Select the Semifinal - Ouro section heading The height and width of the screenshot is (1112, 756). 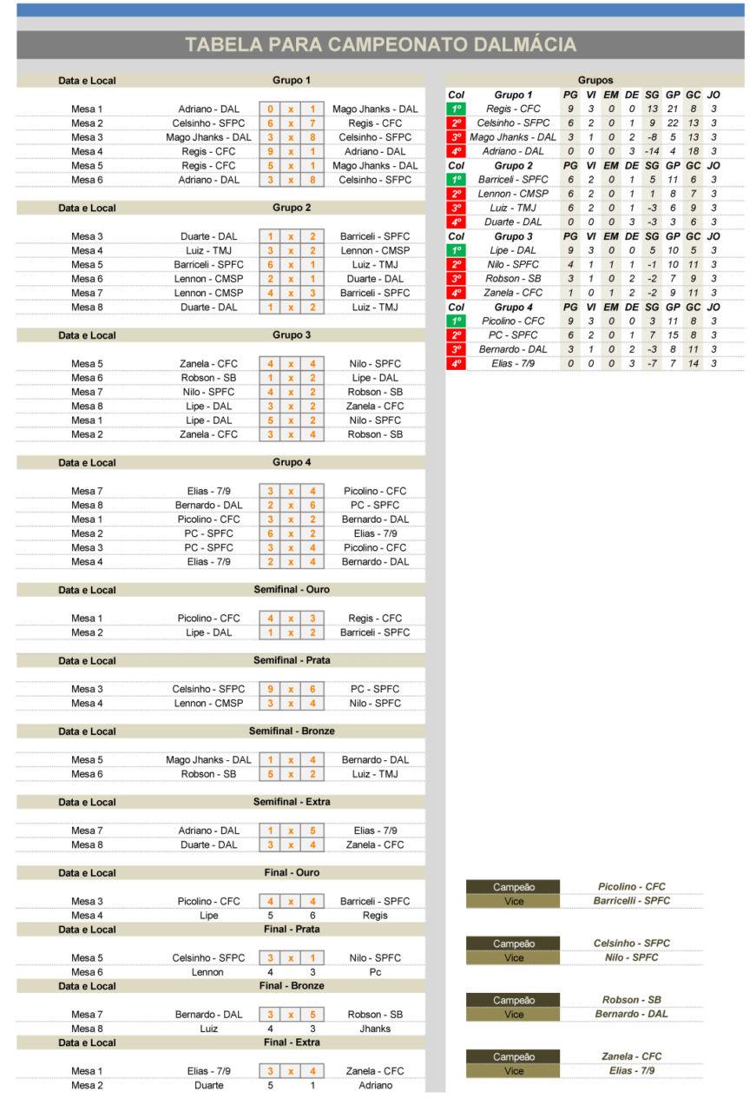point(292,590)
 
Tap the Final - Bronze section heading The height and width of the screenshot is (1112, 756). point(292,986)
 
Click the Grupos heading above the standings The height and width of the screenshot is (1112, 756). point(595,80)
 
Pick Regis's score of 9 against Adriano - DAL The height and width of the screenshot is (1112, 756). point(271,151)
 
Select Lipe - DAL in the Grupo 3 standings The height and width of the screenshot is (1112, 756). point(512,250)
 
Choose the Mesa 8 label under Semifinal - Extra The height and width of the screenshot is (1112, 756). point(87,844)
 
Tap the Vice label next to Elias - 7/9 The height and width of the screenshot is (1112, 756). point(514,1071)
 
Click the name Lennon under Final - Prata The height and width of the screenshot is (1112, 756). point(208,972)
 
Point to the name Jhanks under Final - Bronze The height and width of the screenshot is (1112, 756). point(375,1029)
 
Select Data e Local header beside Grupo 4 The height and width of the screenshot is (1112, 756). point(87,463)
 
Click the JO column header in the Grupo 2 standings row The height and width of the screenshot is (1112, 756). point(713,165)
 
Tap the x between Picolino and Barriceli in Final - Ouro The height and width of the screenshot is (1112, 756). point(292,902)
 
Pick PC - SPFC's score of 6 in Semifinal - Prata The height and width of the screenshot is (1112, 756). point(312,689)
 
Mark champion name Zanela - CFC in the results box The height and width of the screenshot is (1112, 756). point(631,1056)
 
